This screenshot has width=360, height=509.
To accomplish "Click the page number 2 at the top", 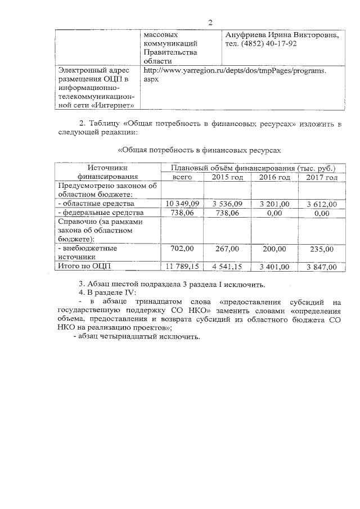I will pyautogui.click(x=209, y=22).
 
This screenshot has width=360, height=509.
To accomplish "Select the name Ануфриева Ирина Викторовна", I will pyautogui.click(x=282, y=35).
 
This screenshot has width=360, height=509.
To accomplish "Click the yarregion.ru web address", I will pyautogui.click(x=235, y=71).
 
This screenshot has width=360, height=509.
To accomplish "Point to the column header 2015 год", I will pyautogui.click(x=227, y=177).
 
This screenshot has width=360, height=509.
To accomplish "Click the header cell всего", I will pyautogui.click(x=182, y=177).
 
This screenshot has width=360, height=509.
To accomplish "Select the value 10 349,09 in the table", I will pyautogui.click(x=182, y=204).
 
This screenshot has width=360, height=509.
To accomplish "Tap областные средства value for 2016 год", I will pyautogui.click(x=274, y=204).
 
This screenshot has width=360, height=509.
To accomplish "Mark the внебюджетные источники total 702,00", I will pyautogui.click(x=182, y=248).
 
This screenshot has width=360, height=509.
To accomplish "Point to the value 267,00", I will pyautogui.click(x=227, y=248).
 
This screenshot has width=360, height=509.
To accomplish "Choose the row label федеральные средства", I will pyautogui.click(x=101, y=213).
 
